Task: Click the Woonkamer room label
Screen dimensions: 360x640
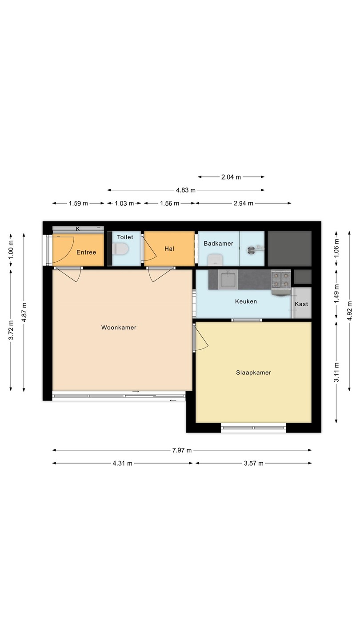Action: [x=119, y=328]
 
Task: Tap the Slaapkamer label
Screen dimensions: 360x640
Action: [x=253, y=372]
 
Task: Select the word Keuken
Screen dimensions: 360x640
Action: [x=246, y=301]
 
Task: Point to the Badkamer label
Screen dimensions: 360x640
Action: [x=218, y=244]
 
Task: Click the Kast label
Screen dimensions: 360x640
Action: [x=301, y=304]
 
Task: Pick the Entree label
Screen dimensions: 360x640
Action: [x=86, y=252]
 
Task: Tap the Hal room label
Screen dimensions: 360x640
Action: [x=169, y=248]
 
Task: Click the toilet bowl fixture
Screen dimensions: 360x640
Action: [x=120, y=249]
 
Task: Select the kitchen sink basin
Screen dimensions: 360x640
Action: [x=228, y=279]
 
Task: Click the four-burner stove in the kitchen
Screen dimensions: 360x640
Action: [x=281, y=280]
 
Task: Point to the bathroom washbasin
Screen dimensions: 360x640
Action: [x=215, y=260]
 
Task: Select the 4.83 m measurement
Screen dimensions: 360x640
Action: [x=186, y=190]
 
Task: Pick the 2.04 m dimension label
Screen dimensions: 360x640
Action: [x=231, y=177]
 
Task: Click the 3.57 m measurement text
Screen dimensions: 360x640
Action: [x=254, y=464]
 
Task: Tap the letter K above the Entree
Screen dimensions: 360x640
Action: [x=78, y=229]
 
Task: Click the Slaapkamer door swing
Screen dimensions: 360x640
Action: [x=202, y=339]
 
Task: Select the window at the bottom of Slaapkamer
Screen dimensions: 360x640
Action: [x=253, y=428]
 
